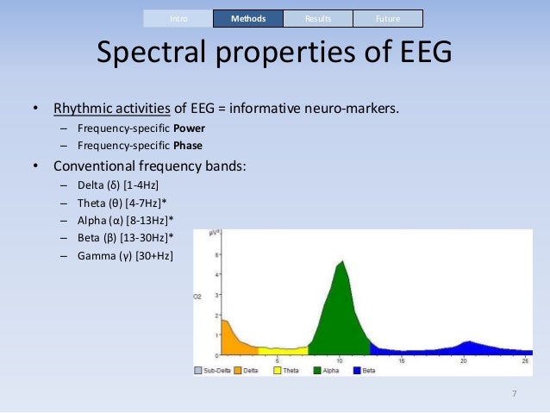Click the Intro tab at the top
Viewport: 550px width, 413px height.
(x=177, y=18)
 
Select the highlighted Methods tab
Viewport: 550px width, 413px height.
(x=247, y=18)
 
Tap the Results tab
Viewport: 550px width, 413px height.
(x=317, y=18)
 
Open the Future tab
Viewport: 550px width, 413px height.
(x=388, y=18)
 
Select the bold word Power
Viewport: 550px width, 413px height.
(x=189, y=128)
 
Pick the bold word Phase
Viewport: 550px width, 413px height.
(x=188, y=146)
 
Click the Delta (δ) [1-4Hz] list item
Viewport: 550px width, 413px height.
(x=117, y=185)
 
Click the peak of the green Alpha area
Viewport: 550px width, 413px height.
(x=342, y=263)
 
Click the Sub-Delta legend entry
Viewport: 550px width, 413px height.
(x=212, y=370)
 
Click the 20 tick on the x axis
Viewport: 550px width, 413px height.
(x=463, y=360)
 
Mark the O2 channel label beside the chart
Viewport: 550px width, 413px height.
(x=197, y=297)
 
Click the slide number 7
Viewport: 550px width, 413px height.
(x=514, y=395)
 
